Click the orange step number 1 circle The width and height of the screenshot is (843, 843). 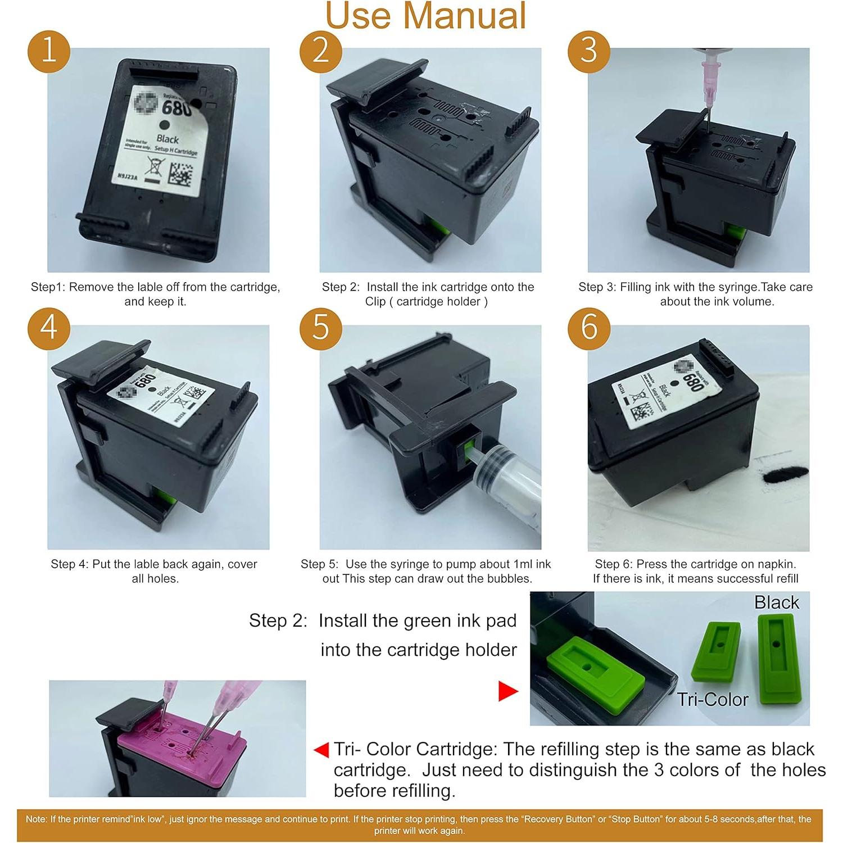49,51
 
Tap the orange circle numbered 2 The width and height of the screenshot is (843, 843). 320,51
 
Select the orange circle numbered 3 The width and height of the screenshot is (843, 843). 588,51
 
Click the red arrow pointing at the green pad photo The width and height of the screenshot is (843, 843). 507,691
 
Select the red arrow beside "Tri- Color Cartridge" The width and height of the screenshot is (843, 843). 321,750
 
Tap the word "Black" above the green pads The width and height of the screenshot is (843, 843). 776,602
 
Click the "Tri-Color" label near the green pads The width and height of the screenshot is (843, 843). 712,699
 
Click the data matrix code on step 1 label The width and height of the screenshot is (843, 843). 183,174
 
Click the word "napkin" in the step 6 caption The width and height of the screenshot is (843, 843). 779,564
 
